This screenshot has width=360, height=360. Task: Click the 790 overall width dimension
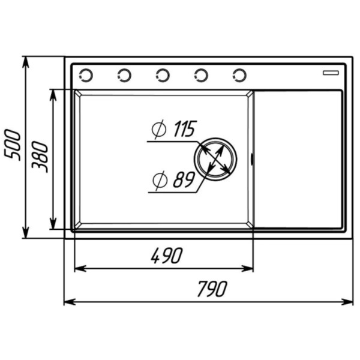coord(212,289)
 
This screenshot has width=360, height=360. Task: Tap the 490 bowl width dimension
coord(167,256)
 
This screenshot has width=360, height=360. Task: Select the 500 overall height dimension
coord(12,145)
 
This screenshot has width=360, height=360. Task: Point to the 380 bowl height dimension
coord(40,157)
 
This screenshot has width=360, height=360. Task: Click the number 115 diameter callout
coord(184,128)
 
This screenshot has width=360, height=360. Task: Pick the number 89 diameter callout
coord(184,179)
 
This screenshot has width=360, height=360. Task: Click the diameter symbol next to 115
coord(159,129)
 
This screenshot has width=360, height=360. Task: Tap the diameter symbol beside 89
coord(160,181)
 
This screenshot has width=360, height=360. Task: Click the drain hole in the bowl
coord(215,159)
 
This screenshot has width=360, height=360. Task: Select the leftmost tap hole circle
coord(86,75)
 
